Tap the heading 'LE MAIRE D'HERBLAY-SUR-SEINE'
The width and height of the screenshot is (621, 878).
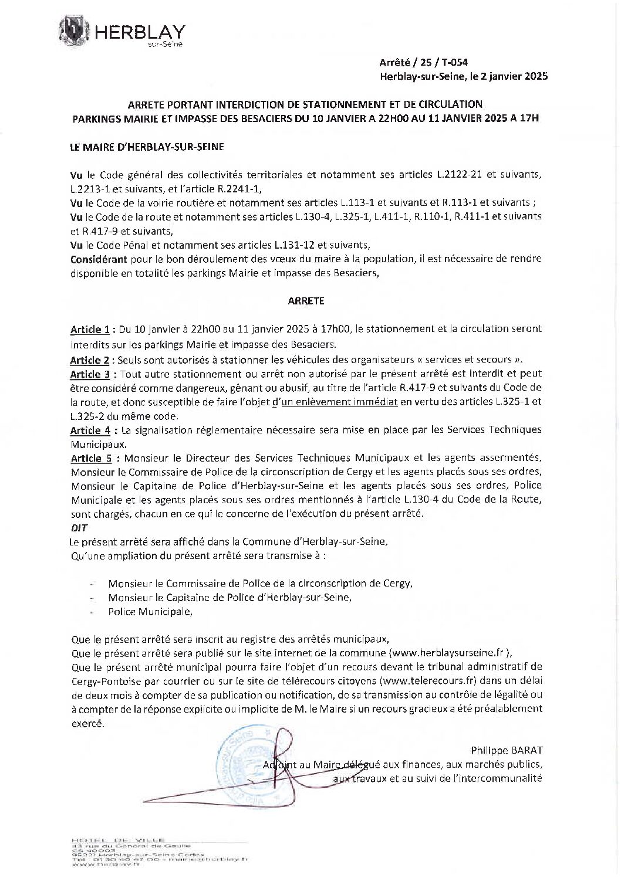[146, 147]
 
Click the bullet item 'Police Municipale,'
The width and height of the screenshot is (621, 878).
[150, 612]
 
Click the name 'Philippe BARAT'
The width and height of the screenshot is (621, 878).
[506, 751]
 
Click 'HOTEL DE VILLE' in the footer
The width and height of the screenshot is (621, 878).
[117, 840]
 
